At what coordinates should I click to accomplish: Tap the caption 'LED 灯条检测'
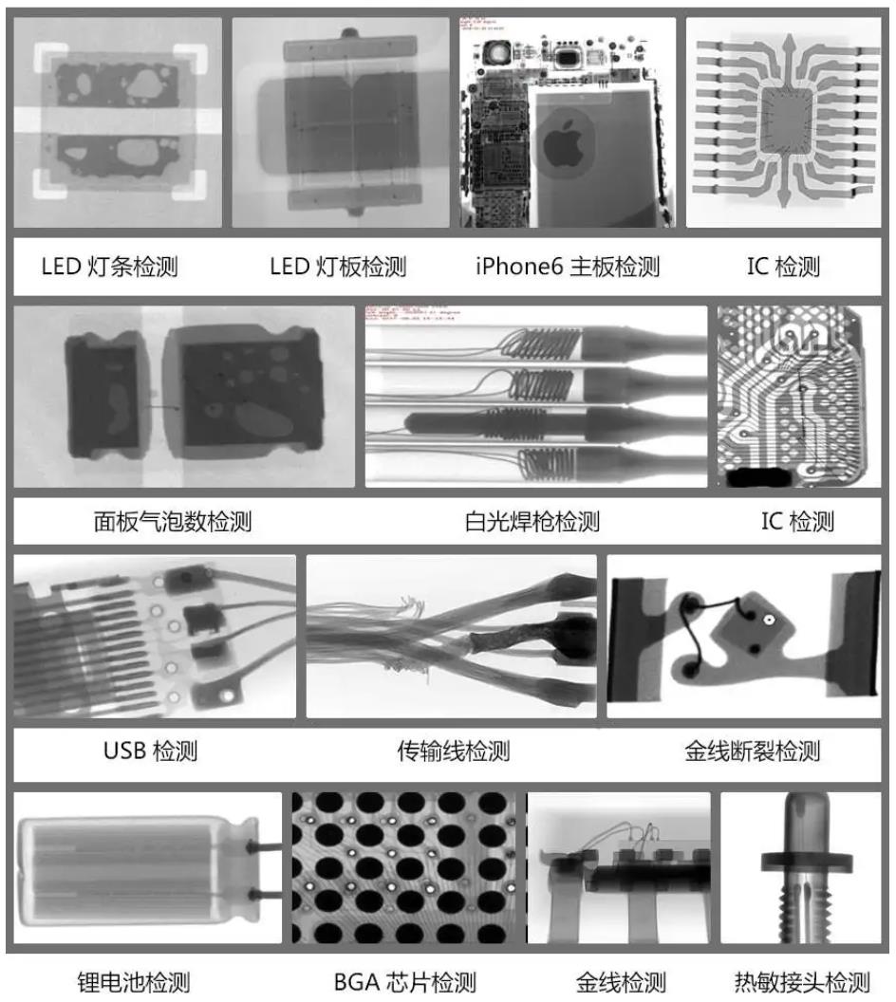coord(109,267)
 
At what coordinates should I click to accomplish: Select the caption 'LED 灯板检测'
coord(338,267)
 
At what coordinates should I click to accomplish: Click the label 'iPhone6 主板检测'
coord(568,267)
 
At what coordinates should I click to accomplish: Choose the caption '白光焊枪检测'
coord(532,521)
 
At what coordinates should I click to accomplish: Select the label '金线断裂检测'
coord(753,751)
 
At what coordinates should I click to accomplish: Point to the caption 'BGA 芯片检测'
coord(404,982)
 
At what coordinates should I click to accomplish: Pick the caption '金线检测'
coord(621,982)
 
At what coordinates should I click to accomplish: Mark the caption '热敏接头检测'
coord(803,982)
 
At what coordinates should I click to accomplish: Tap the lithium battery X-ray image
coord(147,867)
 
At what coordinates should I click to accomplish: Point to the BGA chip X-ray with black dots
coord(407,867)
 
